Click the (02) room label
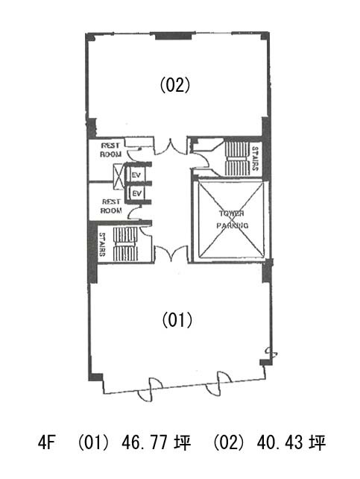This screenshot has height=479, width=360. (x=175, y=84)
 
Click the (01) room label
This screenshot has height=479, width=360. (x=177, y=321)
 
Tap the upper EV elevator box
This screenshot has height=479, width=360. (x=136, y=175)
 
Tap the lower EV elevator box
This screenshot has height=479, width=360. (x=136, y=193)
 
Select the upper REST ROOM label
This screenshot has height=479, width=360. (x=111, y=150)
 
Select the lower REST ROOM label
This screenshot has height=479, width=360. (x=111, y=206)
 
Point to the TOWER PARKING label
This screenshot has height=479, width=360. (x=232, y=219)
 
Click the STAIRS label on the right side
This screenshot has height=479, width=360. (x=254, y=158)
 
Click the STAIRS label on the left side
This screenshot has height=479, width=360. (x=103, y=245)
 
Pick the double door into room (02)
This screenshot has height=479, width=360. (x=170, y=147)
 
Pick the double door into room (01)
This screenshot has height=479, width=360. (x=171, y=254)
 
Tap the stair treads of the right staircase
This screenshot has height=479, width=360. (x=237, y=158)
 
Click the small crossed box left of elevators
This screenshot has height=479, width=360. (x=118, y=177)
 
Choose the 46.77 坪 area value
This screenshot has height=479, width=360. (x=156, y=442)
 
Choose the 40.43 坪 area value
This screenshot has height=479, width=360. (x=291, y=442)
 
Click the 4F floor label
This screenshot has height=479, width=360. (x=46, y=442)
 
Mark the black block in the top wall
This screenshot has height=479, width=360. (x=173, y=36)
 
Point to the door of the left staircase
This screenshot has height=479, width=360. (x=146, y=231)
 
